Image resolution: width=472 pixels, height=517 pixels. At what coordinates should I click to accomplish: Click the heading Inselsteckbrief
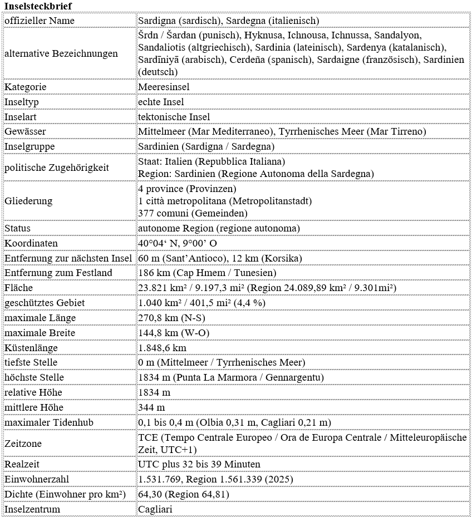(x=38, y=6)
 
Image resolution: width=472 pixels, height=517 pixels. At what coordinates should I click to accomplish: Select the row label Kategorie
(x=26, y=87)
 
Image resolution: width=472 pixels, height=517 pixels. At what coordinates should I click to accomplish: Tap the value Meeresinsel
(x=164, y=87)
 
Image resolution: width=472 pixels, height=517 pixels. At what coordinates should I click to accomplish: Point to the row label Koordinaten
(x=31, y=243)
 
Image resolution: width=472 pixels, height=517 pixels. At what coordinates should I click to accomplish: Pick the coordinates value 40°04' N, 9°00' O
(x=178, y=243)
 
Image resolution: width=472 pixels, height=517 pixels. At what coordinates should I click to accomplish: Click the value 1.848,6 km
(x=162, y=348)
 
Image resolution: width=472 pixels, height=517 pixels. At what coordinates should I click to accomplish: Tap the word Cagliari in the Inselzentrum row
(x=155, y=509)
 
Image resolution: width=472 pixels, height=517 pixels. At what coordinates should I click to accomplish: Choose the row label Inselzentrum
(x=32, y=509)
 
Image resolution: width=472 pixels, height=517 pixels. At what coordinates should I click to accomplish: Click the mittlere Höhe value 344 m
(x=151, y=407)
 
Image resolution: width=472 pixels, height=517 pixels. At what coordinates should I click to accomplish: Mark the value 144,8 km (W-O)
(x=170, y=333)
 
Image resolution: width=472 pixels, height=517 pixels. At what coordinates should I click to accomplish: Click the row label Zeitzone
(x=23, y=444)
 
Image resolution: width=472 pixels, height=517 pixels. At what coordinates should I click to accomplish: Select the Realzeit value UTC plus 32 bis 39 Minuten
(x=199, y=464)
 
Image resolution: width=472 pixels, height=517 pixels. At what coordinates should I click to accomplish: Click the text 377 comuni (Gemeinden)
(x=193, y=213)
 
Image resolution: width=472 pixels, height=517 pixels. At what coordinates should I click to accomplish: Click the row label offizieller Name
(x=40, y=21)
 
